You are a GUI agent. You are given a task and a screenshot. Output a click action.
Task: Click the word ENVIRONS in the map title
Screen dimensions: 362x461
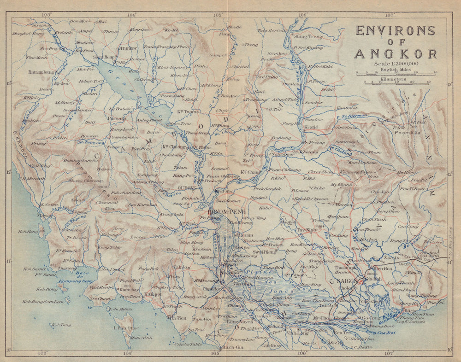[395, 31]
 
